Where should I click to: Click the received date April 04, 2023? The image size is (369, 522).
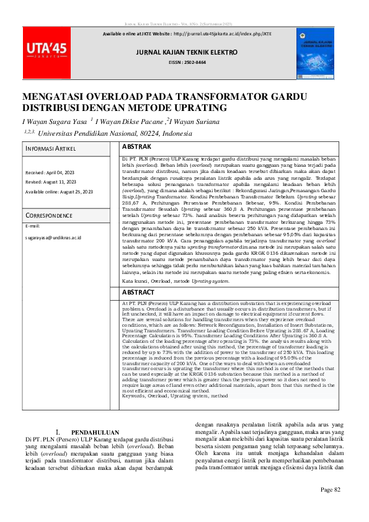point(49,172)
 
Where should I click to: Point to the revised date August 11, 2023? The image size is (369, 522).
point(51,182)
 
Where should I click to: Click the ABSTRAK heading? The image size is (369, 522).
point(136,148)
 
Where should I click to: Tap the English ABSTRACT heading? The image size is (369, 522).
point(138,291)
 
